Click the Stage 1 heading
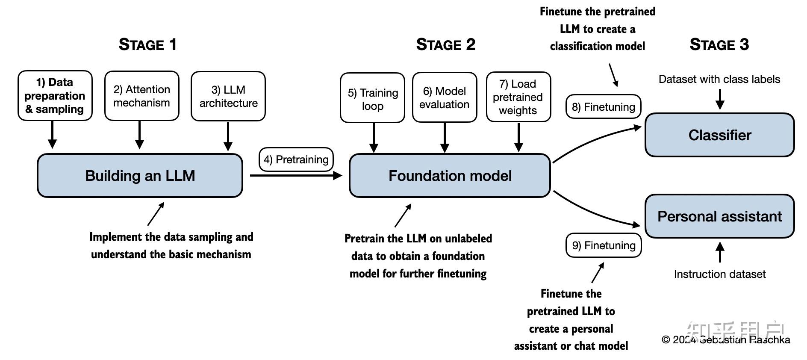[x=147, y=44]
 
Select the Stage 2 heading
[x=445, y=44]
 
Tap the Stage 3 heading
[x=719, y=44]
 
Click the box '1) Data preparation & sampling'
[x=55, y=95]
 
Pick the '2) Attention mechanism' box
[x=141, y=96]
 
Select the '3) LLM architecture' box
[x=228, y=96]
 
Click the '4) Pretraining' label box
[x=296, y=159]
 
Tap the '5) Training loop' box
[x=372, y=98]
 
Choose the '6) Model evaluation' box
[x=445, y=97]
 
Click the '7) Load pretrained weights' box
[x=518, y=97]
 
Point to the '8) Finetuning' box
[x=603, y=106]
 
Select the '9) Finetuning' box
[x=604, y=245]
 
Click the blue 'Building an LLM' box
[x=140, y=176]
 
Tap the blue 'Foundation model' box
[x=450, y=176]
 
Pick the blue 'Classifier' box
[x=719, y=135]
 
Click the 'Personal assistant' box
[x=719, y=216]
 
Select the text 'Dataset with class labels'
[x=719, y=79]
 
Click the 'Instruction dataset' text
[x=719, y=274]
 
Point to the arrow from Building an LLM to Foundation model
[x=295, y=175]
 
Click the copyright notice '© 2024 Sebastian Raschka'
[x=725, y=340]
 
